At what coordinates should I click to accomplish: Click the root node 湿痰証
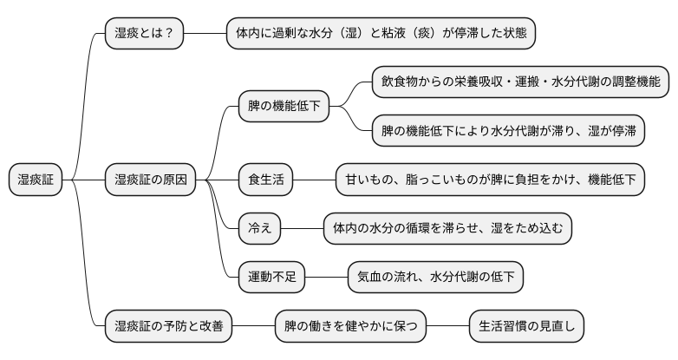point(36,180)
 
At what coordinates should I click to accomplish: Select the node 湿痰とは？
point(144,34)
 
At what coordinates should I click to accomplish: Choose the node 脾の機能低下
point(284,107)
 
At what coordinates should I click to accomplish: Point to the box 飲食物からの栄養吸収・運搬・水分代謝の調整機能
point(520,82)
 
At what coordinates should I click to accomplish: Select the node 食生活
point(265,180)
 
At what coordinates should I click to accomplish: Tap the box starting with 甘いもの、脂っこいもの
point(490,180)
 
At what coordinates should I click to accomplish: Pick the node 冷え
point(260,229)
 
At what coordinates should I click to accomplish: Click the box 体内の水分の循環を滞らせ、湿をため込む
point(447,229)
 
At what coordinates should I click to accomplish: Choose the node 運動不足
point(271,278)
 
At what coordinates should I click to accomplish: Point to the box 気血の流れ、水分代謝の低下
point(435,278)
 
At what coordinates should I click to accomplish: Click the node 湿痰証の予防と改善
point(168,327)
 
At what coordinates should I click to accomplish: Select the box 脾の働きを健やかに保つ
point(350,327)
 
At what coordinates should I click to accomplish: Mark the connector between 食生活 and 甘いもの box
point(314,180)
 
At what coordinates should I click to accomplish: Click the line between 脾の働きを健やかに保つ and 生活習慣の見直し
point(447,327)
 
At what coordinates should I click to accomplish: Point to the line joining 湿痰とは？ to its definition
point(205,34)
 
